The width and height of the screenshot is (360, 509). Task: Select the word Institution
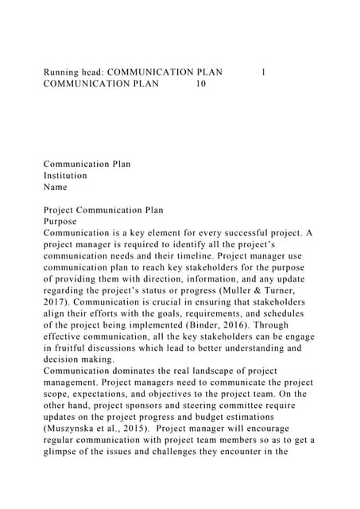click(65, 176)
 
